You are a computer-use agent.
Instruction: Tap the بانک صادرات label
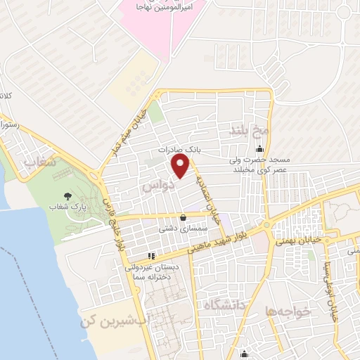pyautogui.click(x=180, y=150)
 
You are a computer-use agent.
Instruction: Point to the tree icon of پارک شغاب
pyautogui.click(x=67, y=195)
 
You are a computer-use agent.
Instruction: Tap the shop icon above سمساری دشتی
pyautogui.click(x=184, y=217)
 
